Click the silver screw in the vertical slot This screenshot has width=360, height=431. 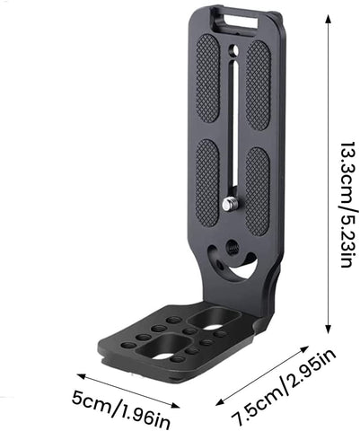(x=232, y=206)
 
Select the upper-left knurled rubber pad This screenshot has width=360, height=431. (x=207, y=79)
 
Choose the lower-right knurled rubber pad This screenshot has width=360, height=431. (x=258, y=190)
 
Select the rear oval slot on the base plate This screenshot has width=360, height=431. (x=218, y=318)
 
